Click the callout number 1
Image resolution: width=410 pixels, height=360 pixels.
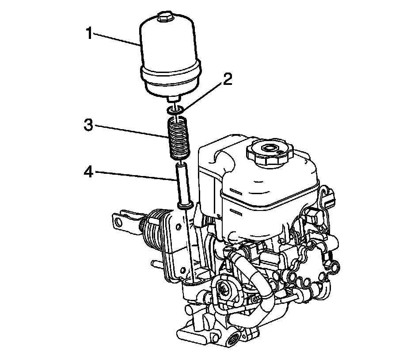pos(90,33)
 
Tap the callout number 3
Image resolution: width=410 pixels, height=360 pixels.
pos(90,125)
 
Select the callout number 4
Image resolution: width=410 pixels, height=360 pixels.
pos(90,171)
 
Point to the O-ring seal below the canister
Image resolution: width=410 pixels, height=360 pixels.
pos(175,110)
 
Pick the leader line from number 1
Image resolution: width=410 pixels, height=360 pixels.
pos(117,39)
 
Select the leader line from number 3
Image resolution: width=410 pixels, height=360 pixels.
pos(133,130)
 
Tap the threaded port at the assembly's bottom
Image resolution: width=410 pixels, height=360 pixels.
pos(232,339)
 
